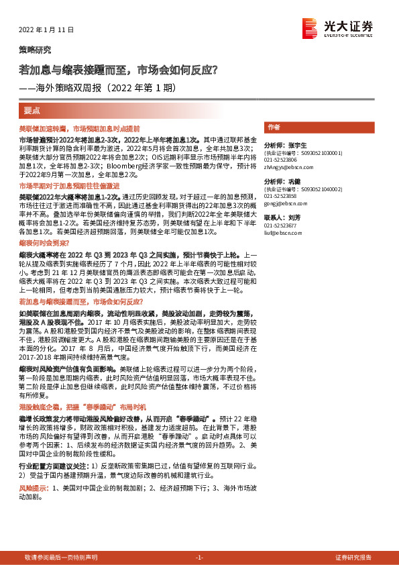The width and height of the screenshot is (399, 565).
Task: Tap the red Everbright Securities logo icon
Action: pyautogui.click(x=310, y=28)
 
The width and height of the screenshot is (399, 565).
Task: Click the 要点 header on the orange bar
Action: pyautogui.click(x=32, y=110)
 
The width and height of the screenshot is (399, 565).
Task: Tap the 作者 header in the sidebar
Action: pyautogui.click(x=273, y=127)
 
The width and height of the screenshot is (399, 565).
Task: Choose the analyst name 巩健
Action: pyautogui.click(x=294, y=182)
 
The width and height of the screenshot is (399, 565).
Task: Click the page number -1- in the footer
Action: pyautogui.click(x=199, y=558)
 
